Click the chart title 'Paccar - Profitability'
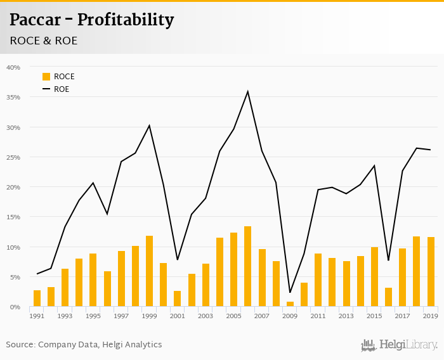tap(91, 20)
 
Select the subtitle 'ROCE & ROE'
tap(44, 41)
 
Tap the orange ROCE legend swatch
tap(46, 77)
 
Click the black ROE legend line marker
tap(46, 89)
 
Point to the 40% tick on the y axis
tap(13, 67)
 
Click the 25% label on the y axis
tap(13, 157)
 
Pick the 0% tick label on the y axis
tap(15, 307)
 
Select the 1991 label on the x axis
tap(37, 316)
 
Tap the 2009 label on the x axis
tap(290, 316)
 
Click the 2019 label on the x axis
tap(431, 316)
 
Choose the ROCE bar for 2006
tap(248, 267)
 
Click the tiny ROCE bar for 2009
tap(290, 304)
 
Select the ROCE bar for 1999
tap(150, 271)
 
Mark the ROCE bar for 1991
tap(37, 299)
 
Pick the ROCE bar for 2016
tap(388, 297)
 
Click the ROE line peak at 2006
tap(248, 91)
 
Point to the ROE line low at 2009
tap(290, 293)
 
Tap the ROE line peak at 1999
tap(150, 125)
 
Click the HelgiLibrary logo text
tap(408, 345)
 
